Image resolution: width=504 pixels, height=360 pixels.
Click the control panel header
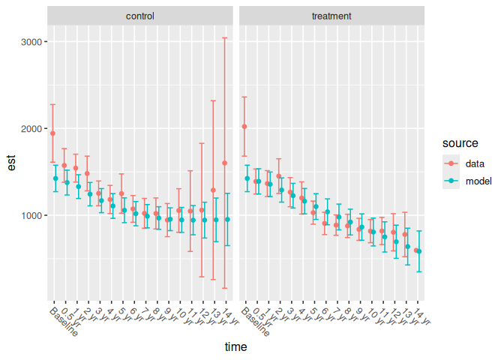140,16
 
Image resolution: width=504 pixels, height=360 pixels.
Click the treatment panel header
332,16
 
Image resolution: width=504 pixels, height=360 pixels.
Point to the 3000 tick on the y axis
31,42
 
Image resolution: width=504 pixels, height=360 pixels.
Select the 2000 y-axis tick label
31,129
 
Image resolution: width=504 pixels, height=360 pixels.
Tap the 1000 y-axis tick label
31,216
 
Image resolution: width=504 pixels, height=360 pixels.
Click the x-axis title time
236,348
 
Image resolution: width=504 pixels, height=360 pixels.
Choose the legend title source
460,142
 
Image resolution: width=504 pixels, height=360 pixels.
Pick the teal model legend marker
451,181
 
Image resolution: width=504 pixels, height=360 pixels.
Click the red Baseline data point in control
52,133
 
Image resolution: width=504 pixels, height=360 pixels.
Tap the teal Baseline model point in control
55,178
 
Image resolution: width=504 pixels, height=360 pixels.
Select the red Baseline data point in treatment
244,127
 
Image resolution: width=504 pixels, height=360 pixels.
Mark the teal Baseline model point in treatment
247,178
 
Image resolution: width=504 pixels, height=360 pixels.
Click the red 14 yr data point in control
224,163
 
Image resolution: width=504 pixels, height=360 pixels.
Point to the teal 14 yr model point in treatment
419,251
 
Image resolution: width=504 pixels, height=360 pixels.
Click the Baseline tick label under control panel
63,321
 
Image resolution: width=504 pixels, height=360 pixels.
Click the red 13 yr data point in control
213,190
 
